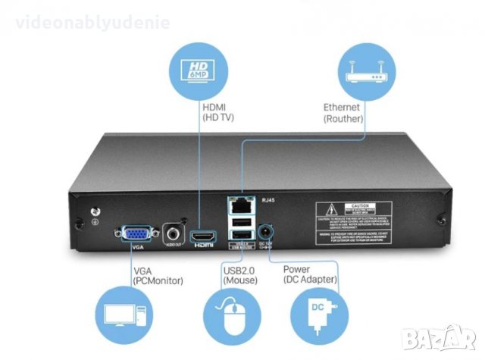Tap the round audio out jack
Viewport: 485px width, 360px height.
click(174, 233)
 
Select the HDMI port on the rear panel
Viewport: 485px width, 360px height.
click(203, 236)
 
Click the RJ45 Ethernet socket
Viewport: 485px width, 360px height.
click(241, 204)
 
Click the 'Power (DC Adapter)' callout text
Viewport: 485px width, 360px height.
click(311, 274)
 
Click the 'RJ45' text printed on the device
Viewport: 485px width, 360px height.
click(269, 201)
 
